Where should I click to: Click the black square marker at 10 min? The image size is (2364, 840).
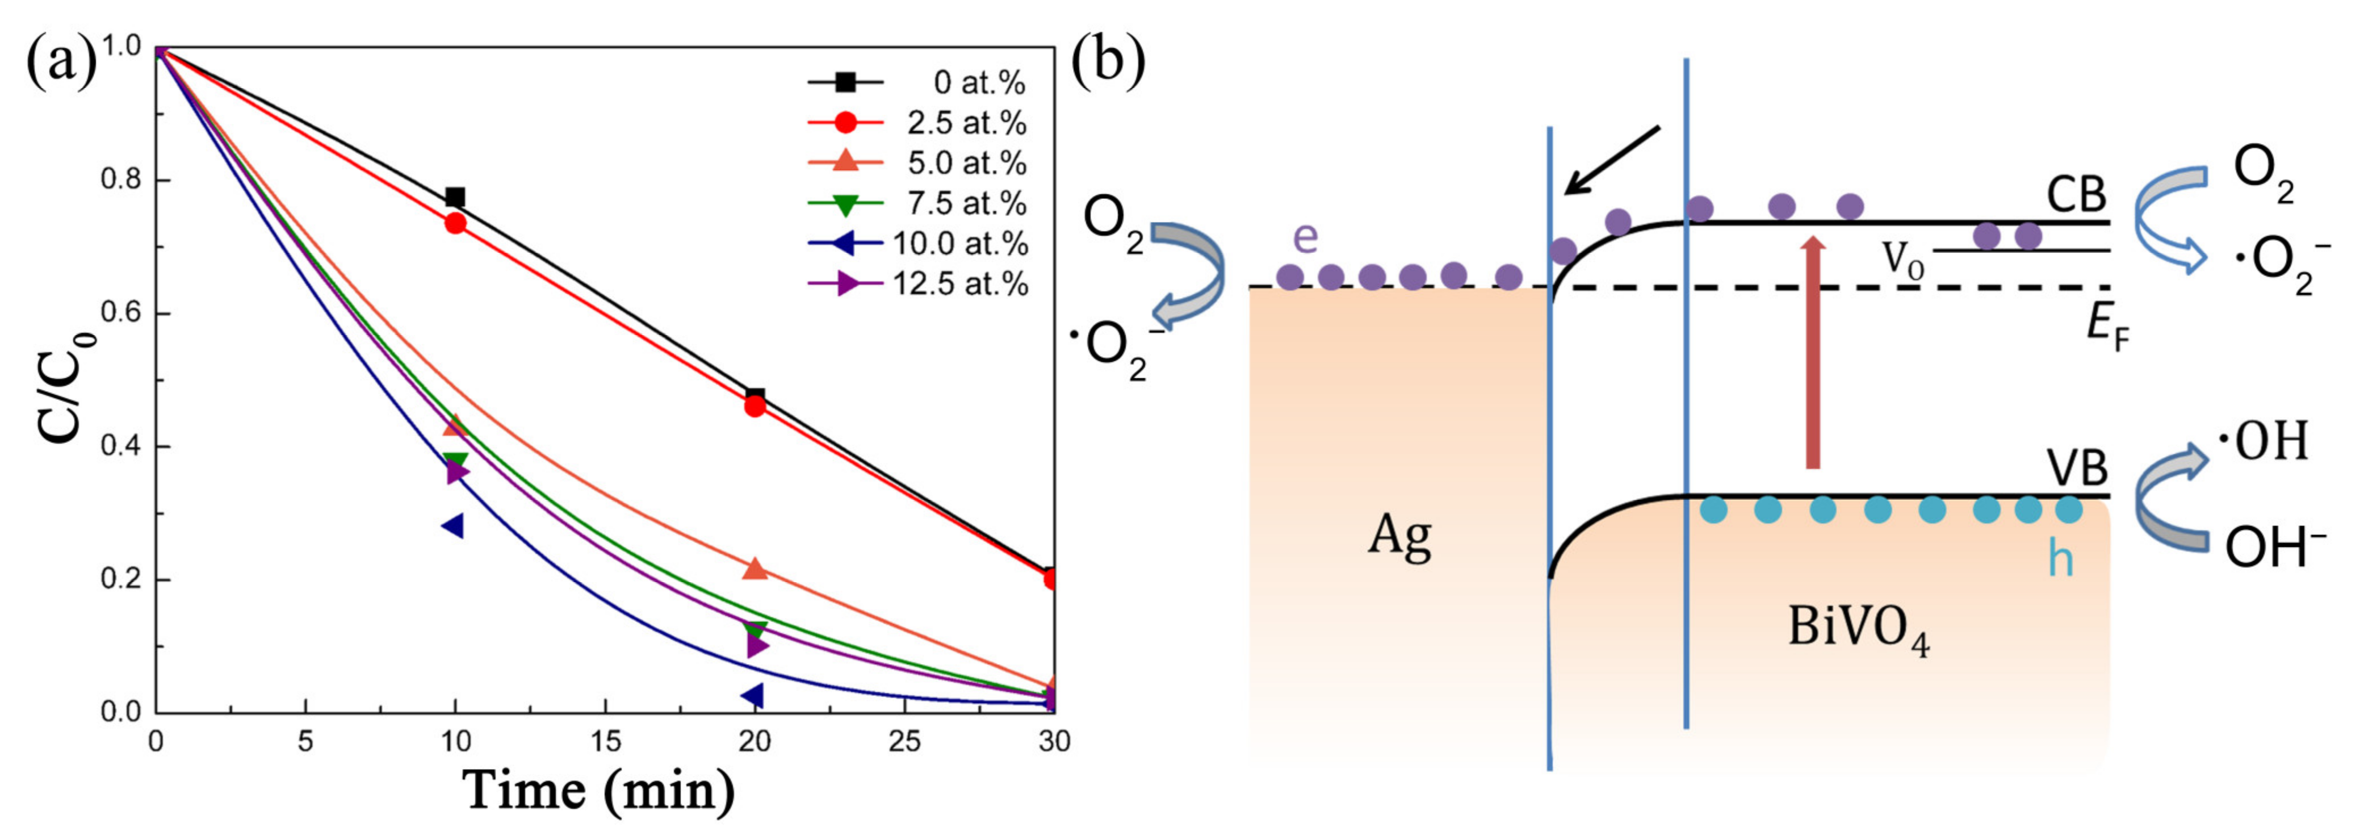click(x=454, y=198)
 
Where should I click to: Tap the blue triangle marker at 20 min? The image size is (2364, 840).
click(x=752, y=696)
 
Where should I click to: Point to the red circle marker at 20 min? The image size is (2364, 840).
click(x=755, y=405)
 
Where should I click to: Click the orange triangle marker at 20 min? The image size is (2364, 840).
click(x=755, y=569)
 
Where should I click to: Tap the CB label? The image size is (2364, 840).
click(x=2076, y=195)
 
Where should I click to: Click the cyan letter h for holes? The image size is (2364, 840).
click(x=2060, y=557)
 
